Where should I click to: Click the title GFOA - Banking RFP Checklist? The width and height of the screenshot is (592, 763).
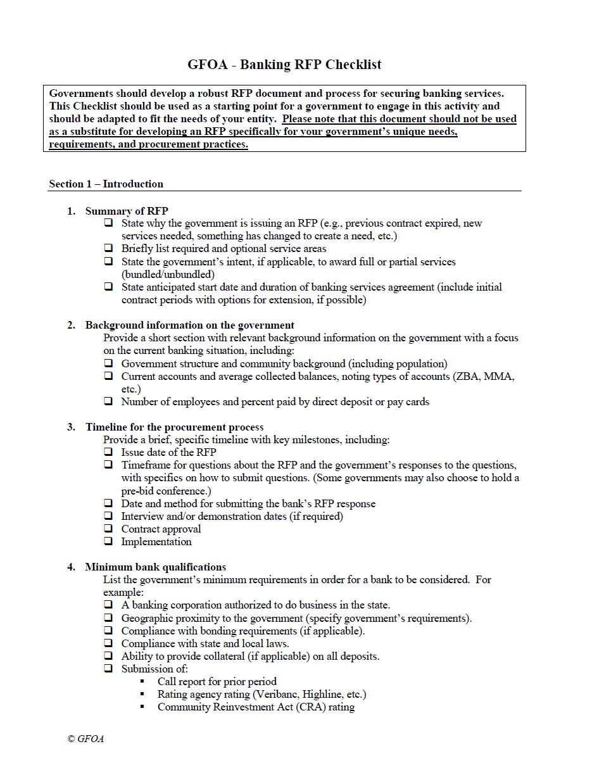pos(284,65)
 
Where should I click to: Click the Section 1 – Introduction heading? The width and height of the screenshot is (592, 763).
pos(106,184)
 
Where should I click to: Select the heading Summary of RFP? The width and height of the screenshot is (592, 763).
pos(127,211)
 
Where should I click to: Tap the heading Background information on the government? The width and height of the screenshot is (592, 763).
pos(189,325)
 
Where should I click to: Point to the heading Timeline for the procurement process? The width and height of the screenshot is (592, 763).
pos(174,427)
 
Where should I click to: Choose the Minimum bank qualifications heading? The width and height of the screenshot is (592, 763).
pos(155,567)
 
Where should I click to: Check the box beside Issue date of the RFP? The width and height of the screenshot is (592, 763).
pos(109,452)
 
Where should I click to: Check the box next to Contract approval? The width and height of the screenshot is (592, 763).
pos(109,529)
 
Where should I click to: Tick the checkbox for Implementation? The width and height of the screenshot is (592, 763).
pos(109,541)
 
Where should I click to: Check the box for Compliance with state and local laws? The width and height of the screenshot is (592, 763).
pos(109,643)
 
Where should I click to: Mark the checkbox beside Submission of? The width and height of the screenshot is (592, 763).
pos(109,669)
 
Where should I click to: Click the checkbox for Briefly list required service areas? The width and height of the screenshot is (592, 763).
pos(109,249)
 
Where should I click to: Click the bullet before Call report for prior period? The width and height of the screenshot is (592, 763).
pos(142,682)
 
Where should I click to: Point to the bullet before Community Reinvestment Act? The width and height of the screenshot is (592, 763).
pos(142,707)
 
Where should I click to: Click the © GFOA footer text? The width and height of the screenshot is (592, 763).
pos(85,739)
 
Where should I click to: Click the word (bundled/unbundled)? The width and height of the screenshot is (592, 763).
pos(168,275)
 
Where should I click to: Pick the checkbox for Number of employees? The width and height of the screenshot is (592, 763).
pos(109,401)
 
